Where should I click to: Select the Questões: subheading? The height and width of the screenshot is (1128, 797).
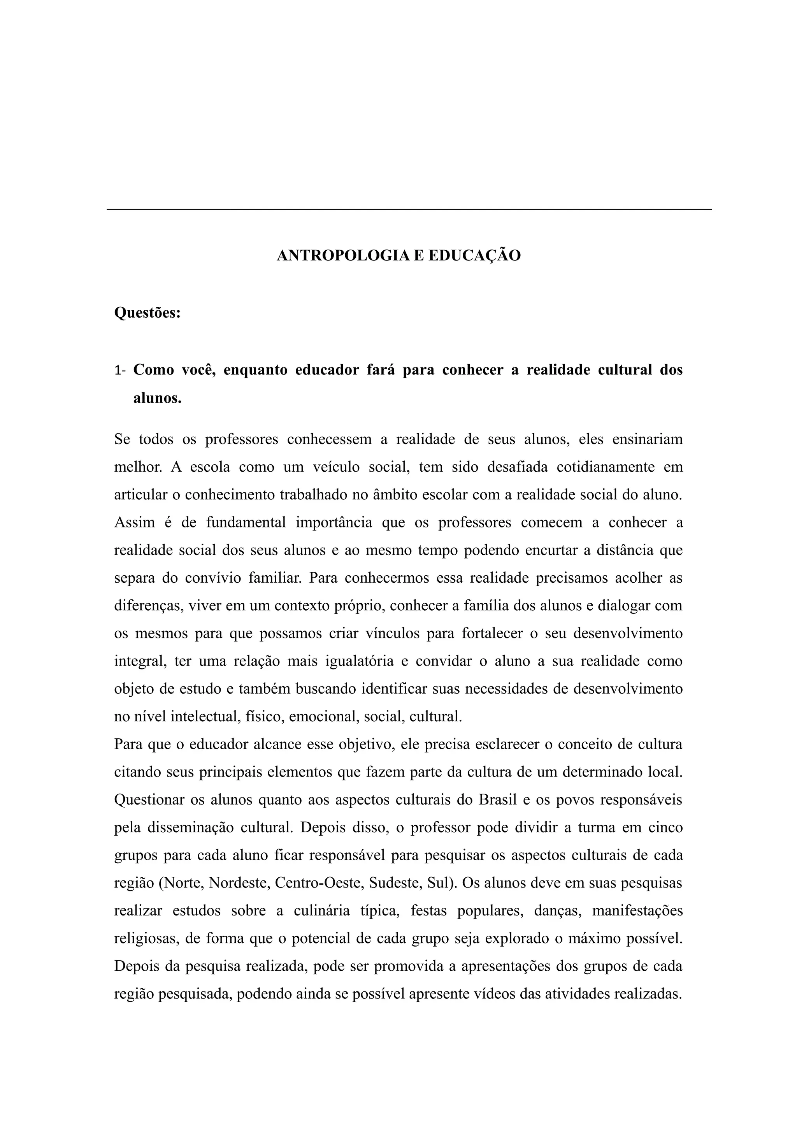[x=147, y=313]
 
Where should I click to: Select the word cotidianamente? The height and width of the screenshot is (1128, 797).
[x=605, y=467]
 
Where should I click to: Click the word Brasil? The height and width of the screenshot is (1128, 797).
[x=497, y=800]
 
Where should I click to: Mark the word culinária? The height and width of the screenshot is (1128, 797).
[x=322, y=911]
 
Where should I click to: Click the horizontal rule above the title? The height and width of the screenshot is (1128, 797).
[x=409, y=209]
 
